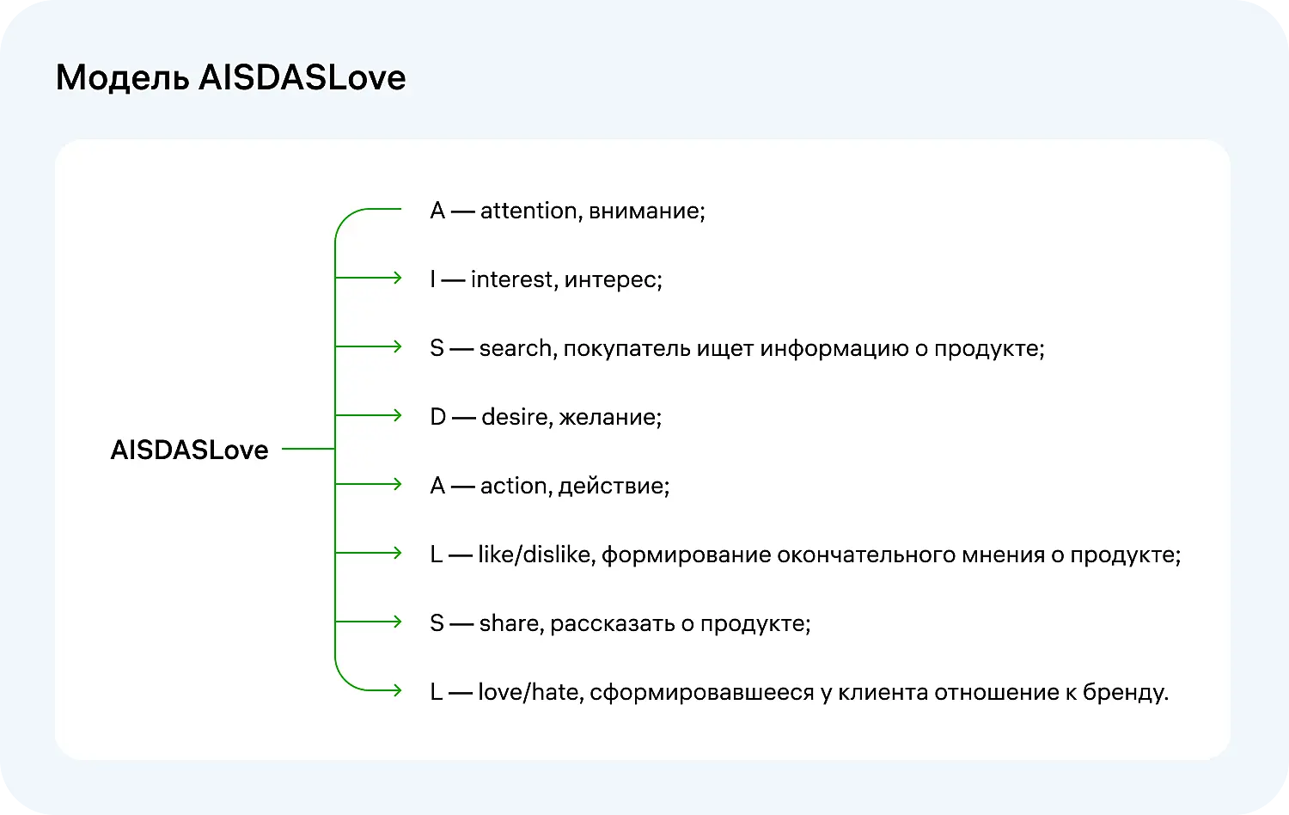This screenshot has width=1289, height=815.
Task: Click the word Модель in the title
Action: click(x=122, y=78)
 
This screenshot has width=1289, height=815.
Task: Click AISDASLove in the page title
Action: click(x=302, y=78)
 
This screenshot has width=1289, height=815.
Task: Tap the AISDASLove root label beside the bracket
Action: click(x=189, y=450)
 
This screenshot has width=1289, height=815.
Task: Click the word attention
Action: click(x=528, y=211)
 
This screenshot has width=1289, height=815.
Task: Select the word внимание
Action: click(x=645, y=211)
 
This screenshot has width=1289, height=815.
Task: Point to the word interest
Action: click(x=512, y=279)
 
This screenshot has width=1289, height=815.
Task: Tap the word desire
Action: click(x=515, y=417)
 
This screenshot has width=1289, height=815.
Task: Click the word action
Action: click(x=513, y=486)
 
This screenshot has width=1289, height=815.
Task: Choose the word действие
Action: click(x=613, y=486)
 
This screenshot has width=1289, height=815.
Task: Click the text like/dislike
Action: click(x=535, y=555)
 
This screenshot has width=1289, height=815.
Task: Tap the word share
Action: click(x=510, y=623)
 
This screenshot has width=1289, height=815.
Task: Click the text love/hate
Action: click(x=528, y=692)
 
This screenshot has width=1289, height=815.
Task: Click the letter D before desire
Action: click(x=437, y=417)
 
